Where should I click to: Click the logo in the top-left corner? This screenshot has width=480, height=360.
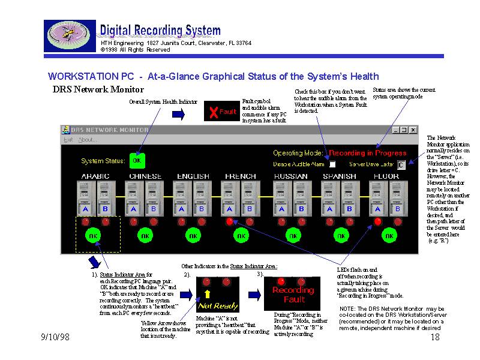point(70,36)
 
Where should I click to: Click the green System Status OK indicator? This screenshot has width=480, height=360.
point(137,160)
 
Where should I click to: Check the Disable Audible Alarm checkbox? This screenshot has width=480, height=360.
point(332,164)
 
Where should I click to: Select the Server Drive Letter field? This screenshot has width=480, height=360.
point(401,164)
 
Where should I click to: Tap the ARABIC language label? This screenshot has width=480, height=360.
point(95,176)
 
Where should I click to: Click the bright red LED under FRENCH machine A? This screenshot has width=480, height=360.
point(229,221)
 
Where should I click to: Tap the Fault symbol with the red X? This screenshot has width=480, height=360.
point(222,112)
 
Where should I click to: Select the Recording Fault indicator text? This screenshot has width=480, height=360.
point(294,295)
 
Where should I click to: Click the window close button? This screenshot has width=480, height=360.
point(413,130)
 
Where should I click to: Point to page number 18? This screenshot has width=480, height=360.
point(436,338)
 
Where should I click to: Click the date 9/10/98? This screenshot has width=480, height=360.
point(55,338)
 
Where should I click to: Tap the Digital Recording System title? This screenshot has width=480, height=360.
point(160,30)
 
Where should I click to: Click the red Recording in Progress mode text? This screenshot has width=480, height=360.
point(368,152)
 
